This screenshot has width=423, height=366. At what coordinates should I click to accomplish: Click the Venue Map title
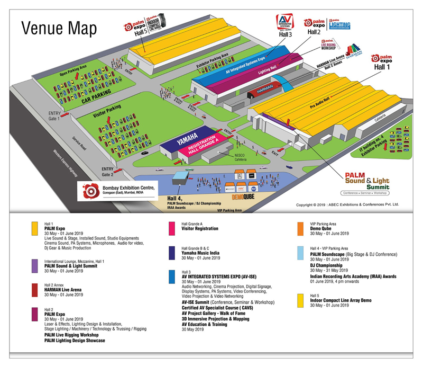59,28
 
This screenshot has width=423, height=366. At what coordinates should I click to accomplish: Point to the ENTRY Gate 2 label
107,171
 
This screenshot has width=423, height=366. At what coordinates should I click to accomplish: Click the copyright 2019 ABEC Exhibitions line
347,203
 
